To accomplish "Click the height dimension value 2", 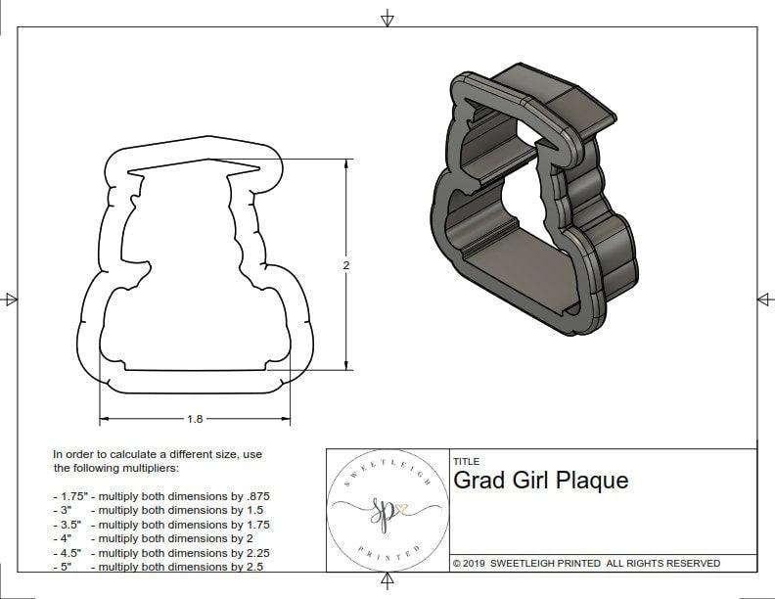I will [347, 265].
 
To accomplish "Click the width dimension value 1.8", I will [195, 419].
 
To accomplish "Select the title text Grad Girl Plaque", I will [540, 481].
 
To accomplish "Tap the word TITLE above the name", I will [467, 461].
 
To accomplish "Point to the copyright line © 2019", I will [586, 563].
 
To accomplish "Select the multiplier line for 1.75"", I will [161, 496].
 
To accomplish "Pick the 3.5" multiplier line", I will [161, 525].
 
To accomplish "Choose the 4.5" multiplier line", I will [161, 552].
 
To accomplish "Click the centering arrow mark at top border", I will [387, 18].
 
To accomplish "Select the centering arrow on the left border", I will [11, 299].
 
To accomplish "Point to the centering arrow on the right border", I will [764, 299].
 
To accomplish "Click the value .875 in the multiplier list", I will [256, 496].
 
